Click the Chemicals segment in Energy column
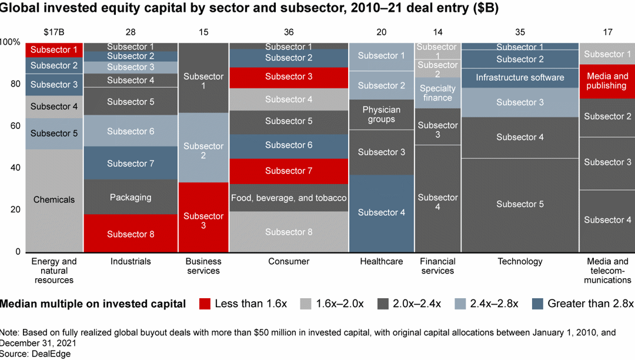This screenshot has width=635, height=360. [54, 200]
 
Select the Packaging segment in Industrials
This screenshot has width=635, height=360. [131, 197]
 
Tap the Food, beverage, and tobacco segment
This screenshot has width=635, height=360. [288, 198]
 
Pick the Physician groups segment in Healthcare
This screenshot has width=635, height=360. [381, 115]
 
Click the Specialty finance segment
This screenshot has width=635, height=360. [437, 93]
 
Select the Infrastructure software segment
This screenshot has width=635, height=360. [520, 78]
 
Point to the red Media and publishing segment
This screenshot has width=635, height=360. [607, 81]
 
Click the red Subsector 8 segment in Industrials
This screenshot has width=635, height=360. [131, 234]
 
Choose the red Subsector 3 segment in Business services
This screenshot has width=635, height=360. [203, 221]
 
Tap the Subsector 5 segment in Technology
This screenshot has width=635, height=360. [520, 204]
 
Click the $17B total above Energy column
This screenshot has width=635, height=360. [54, 32]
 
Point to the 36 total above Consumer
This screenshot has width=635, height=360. [288, 32]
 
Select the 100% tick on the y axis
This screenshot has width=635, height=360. [10, 42]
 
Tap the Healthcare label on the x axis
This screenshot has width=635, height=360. [381, 261]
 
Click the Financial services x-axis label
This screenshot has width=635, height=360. [437, 266]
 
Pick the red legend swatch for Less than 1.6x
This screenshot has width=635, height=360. [204, 304]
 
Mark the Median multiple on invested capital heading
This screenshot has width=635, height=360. [93, 304]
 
